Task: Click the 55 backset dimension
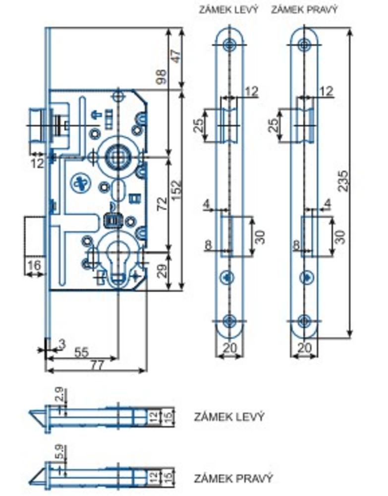pyautogui.click(x=81, y=353)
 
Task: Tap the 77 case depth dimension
pyautogui.click(x=97, y=366)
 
